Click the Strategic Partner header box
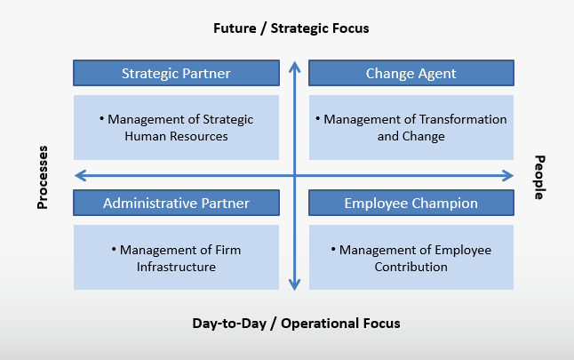176,73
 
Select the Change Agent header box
411,73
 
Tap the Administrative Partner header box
176,203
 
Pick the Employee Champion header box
411,203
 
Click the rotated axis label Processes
43,177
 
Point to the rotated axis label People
539,177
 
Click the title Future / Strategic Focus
291,28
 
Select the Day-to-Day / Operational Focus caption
296,324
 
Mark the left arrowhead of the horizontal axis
79,176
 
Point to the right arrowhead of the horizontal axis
508,176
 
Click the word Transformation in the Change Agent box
463,119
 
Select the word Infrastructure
176,267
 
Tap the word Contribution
411,267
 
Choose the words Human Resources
176,136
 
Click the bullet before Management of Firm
114,250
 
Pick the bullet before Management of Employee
333,250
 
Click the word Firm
228,250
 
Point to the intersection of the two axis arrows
295,176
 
